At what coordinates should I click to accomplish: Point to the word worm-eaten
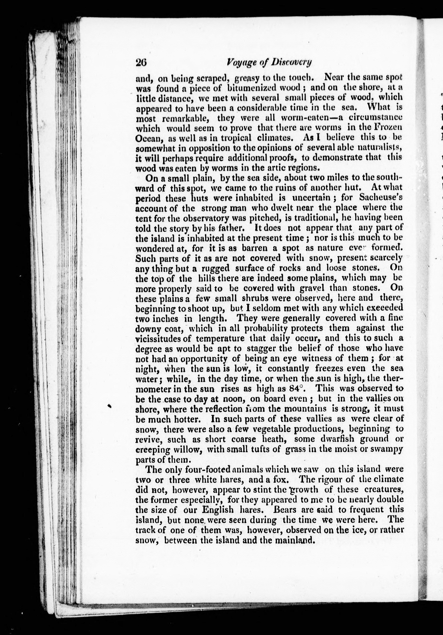[307, 118]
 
